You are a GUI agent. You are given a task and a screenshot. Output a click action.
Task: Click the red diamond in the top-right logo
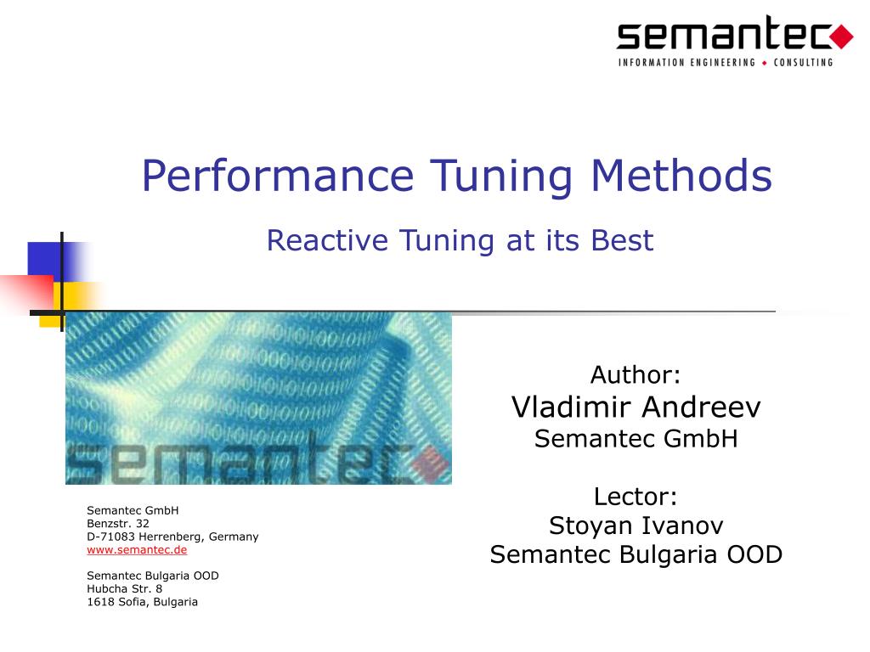841,36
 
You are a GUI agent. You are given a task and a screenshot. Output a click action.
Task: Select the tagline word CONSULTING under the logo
802,63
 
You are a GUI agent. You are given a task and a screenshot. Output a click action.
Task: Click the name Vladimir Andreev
636,407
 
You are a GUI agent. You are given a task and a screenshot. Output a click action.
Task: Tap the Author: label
636,374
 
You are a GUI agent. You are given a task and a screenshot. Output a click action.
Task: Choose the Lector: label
636,496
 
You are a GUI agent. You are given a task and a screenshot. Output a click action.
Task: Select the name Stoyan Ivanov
636,526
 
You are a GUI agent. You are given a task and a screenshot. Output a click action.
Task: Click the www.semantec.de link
137,549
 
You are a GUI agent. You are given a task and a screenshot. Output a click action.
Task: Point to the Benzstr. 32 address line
118,524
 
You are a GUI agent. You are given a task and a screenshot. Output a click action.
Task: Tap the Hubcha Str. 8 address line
124,588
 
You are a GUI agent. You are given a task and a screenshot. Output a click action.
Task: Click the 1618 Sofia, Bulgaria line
142,602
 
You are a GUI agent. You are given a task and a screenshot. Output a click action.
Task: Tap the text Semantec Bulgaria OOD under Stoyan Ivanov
636,554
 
